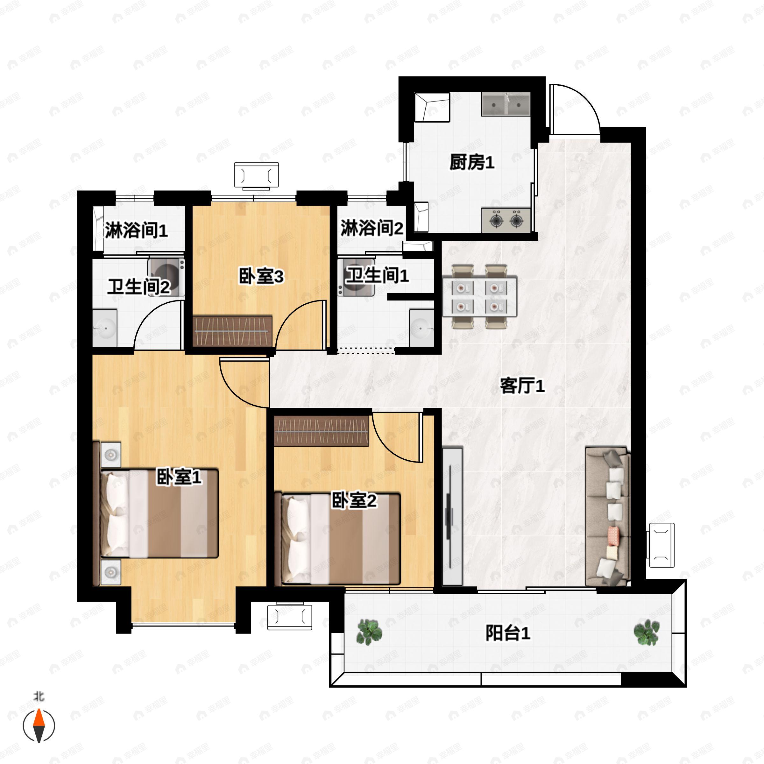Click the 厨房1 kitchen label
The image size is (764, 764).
pos(471,163)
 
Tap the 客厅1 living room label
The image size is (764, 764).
pos(522,386)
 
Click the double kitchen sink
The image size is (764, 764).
pos(506,104)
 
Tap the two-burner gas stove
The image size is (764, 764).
pos(506,220)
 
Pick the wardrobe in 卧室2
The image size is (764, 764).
pos(321,431)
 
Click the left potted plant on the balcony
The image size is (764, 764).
pos(369,632)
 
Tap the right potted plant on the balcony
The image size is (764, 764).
pos(646,632)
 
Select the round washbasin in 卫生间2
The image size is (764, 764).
pos(105,328)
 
